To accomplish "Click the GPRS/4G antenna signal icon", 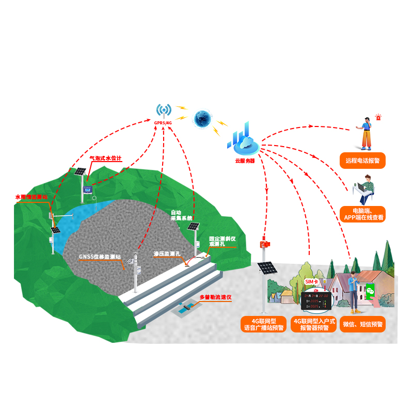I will pyautogui.click(x=164, y=110).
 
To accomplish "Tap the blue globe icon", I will pyautogui.click(x=202, y=118).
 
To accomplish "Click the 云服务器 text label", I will pyautogui.click(x=245, y=161).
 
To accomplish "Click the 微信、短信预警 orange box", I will pyautogui.click(x=362, y=324).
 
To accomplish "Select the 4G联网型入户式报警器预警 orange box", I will pyautogui.click(x=314, y=324).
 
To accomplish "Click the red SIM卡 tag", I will pyautogui.click(x=312, y=281).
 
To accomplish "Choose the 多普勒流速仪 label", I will pyautogui.click(x=215, y=298).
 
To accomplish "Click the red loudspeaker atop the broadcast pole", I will pyautogui.click(x=265, y=244).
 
